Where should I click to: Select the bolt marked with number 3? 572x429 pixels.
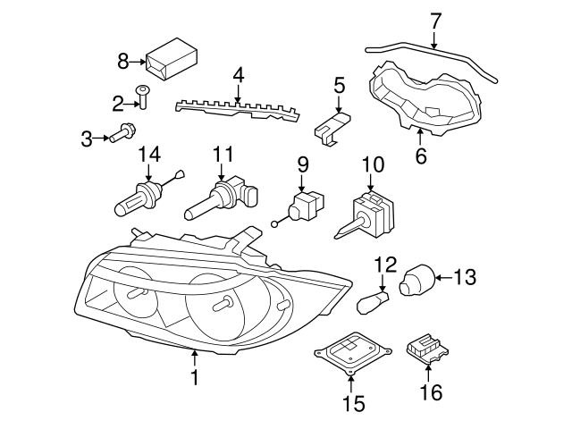click(x=122, y=137)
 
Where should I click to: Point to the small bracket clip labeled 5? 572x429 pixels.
click(x=333, y=126)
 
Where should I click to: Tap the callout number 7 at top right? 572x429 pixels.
click(x=435, y=19)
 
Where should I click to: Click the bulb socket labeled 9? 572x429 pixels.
click(x=307, y=205)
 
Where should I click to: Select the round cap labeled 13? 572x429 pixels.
click(x=416, y=280)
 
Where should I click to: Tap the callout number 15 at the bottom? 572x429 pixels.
click(x=353, y=404)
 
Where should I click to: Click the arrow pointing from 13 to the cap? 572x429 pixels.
click(x=443, y=279)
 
